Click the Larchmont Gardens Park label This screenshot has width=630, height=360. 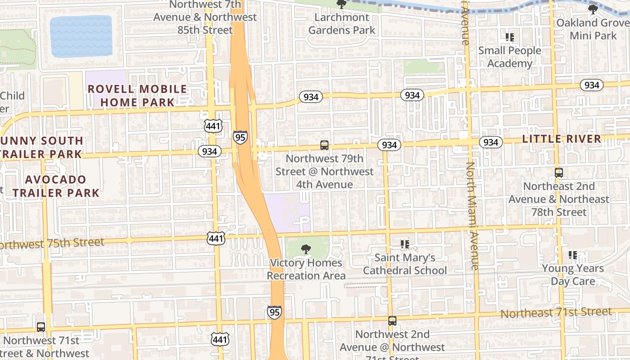pos(342,24)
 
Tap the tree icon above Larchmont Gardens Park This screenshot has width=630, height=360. pos(342,4)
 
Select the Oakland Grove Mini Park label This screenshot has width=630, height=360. pos(593,29)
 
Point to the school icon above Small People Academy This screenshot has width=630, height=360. pos(510,37)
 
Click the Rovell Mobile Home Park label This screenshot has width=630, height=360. pos(137,96)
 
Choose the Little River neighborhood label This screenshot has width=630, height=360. pos(562,139)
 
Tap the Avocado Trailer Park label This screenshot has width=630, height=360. pos(56,186)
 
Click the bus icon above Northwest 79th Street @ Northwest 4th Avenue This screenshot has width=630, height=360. pos(324,145)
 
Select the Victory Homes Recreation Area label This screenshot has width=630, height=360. pos(306,269)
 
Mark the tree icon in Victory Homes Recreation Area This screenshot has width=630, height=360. pos(306,249)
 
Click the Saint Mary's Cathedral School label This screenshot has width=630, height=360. pos(405,264)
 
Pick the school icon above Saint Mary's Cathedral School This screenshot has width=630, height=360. pos(405,244)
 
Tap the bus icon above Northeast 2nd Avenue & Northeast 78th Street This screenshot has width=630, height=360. pos(559,172)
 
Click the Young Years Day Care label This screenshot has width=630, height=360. pos(573,275)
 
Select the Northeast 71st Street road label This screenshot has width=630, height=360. pos(556,312)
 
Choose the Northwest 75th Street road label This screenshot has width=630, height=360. pos(52,243)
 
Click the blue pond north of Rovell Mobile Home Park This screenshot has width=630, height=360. pos(81,36)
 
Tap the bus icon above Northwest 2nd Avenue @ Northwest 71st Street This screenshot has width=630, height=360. pos(392,321)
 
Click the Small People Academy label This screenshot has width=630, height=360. pos(510,57)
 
